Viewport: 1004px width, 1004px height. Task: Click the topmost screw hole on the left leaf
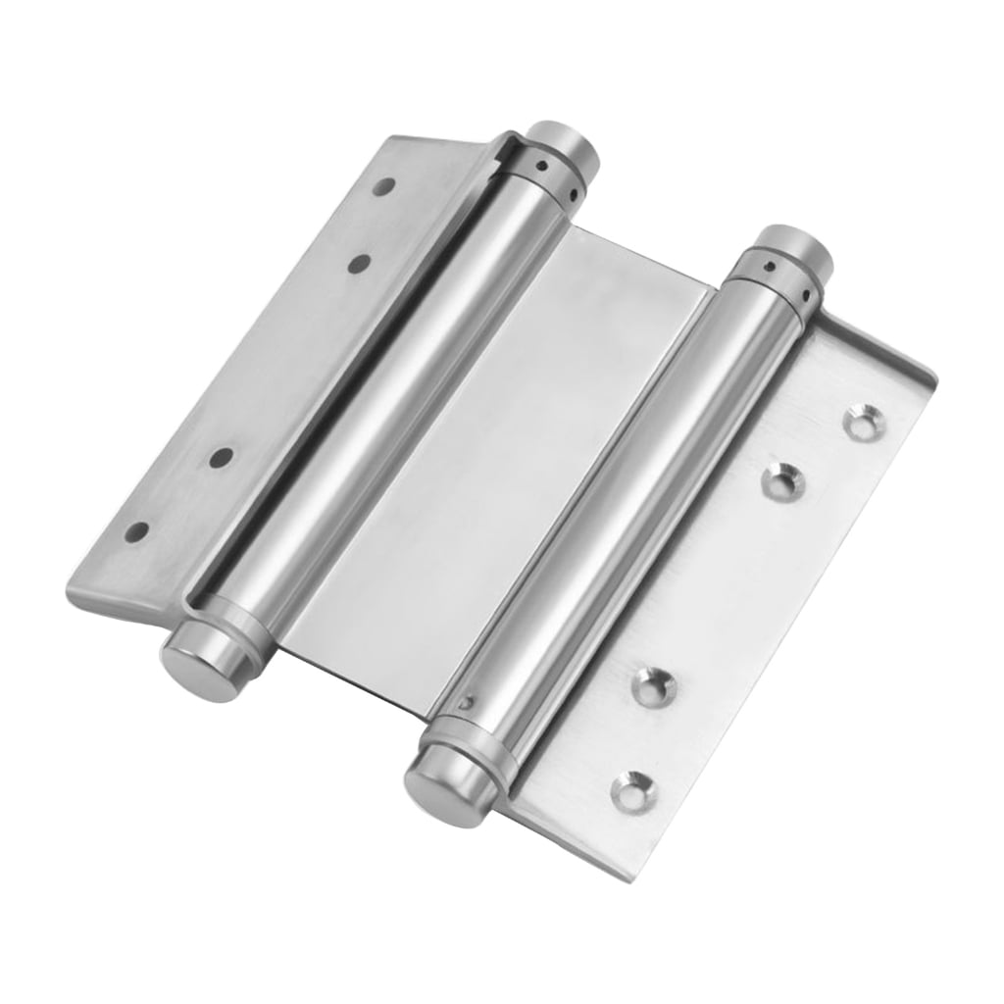(x=385, y=185)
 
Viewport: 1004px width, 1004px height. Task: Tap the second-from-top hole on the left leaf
(x=359, y=263)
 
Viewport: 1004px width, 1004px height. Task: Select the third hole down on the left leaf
(x=222, y=457)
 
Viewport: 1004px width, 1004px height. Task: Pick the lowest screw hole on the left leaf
(x=137, y=531)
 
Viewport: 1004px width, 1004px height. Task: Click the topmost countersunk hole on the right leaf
(x=864, y=420)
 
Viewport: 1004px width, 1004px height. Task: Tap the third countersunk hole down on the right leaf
(x=653, y=686)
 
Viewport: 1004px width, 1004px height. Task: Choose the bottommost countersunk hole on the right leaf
(x=632, y=791)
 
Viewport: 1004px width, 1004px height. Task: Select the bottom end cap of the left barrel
(x=201, y=665)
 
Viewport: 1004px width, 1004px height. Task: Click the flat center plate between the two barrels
(x=510, y=461)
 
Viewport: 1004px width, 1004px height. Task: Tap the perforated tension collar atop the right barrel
(x=775, y=275)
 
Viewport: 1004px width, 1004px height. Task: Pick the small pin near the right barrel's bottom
(x=473, y=701)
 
